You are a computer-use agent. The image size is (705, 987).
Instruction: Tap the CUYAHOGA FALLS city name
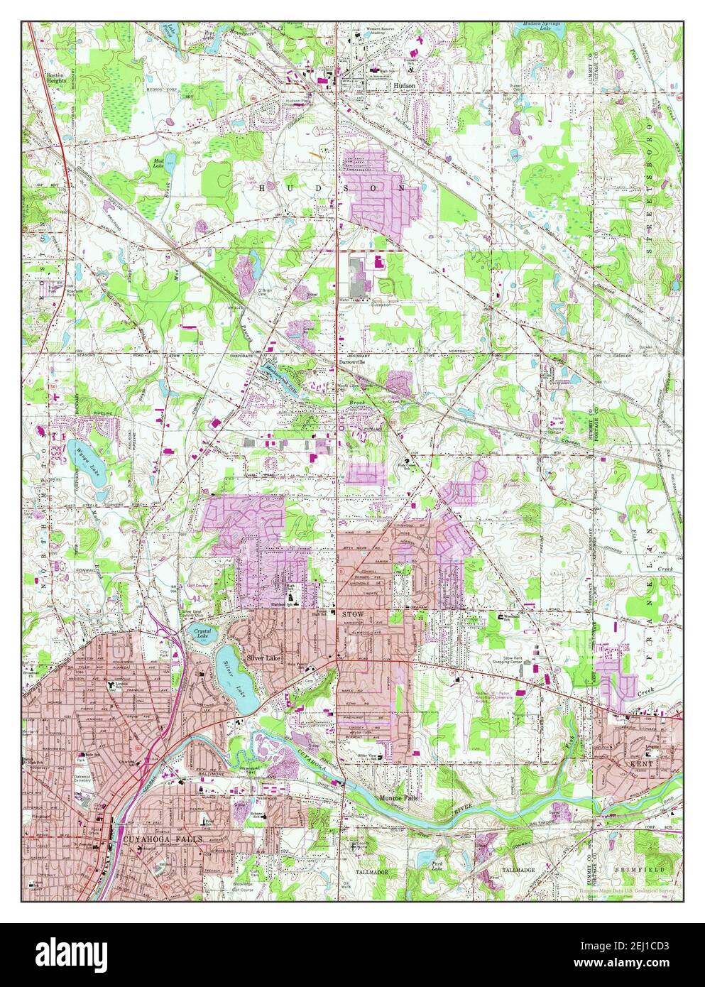pyautogui.click(x=163, y=839)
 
